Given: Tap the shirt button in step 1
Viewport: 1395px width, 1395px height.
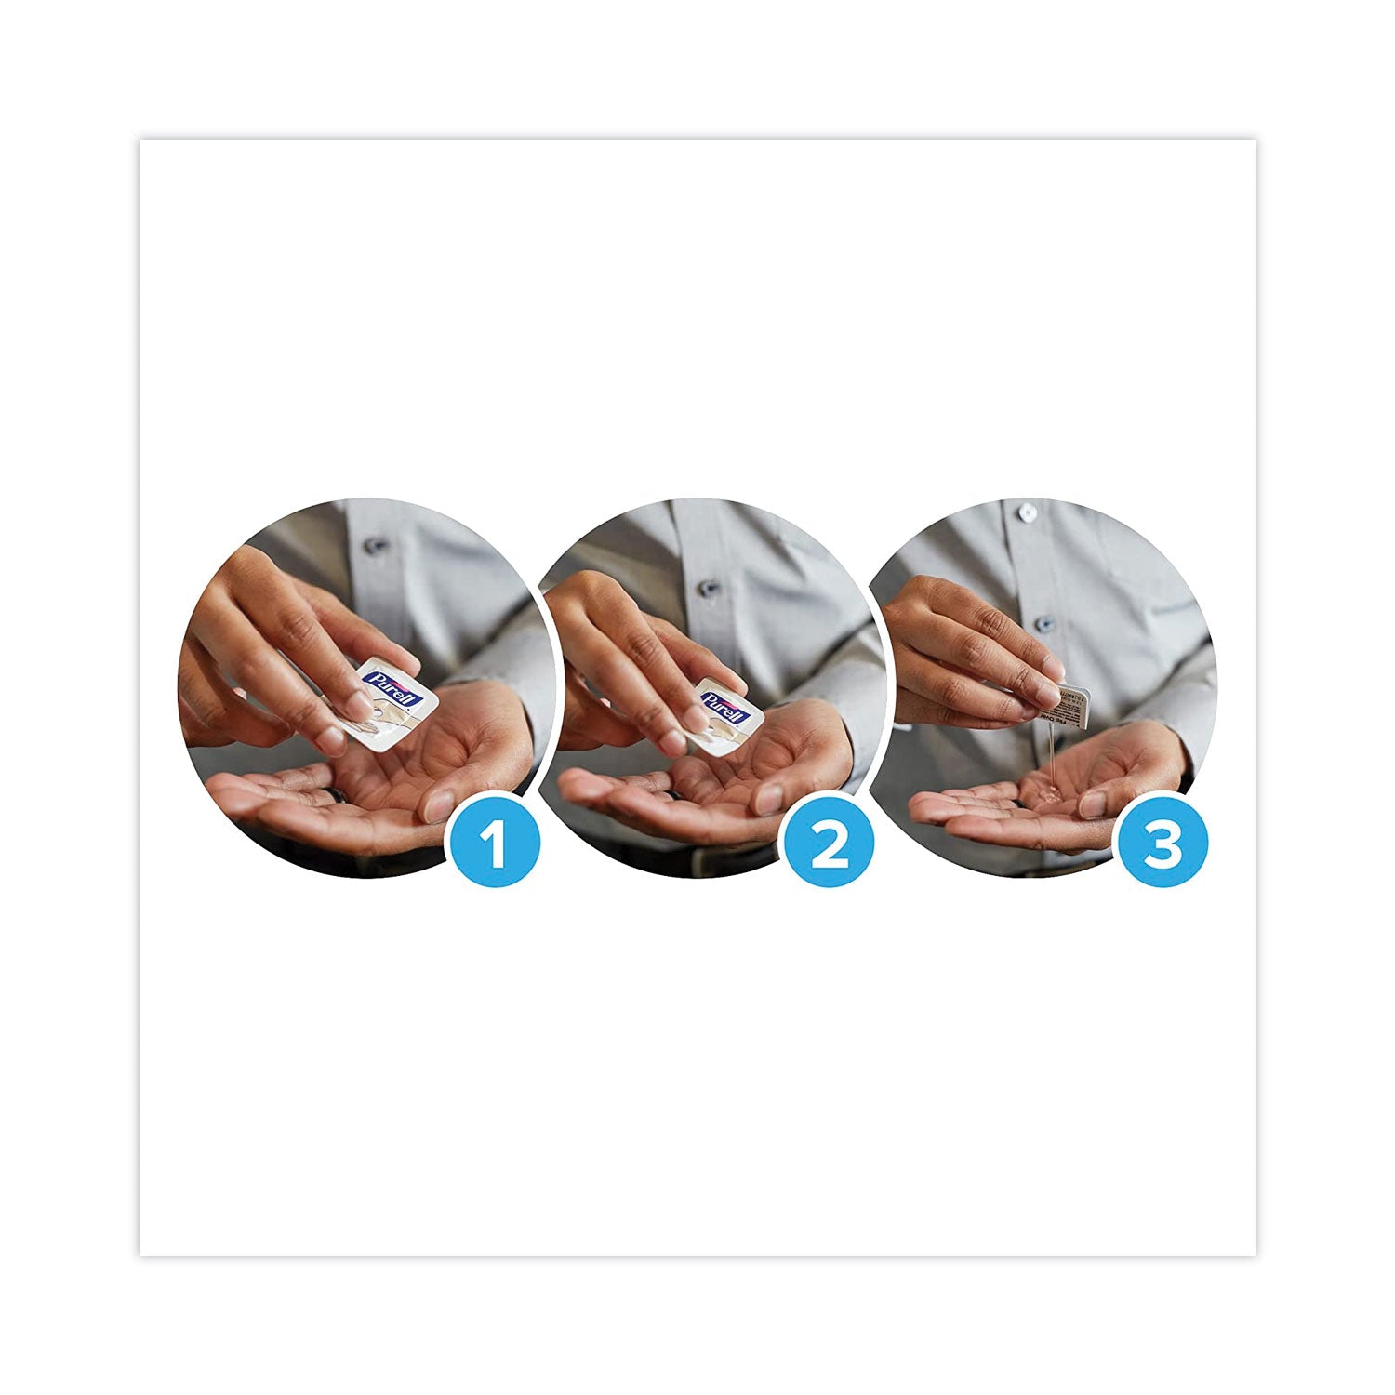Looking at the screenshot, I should pyautogui.click(x=376, y=546).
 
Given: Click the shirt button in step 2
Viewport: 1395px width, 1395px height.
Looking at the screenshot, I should pyautogui.click(x=709, y=588).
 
